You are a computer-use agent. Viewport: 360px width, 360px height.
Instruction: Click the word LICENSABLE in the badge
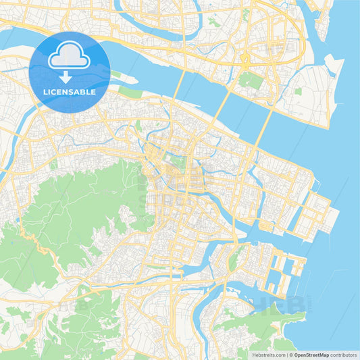pyautogui.click(x=70, y=91)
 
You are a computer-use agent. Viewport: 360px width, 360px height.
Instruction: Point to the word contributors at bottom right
pyautogui.click(x=344, y=354)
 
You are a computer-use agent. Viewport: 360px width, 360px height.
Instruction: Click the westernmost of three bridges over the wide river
pyautogui.click(x=180, y=85)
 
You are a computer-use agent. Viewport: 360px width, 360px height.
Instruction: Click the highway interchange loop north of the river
pyautogui.click(x=245, y=60)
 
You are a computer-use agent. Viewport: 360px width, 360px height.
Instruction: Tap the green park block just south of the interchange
pyautogui.click(x=251, y=81)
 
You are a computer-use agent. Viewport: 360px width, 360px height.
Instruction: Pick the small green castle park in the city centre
pyautogui.click(x=177, y=161)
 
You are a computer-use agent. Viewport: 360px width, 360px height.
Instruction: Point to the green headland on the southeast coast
pyautogui.click(x=284, y=324)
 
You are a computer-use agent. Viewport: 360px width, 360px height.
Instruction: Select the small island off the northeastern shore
pyautogui.click(x=332, y=66)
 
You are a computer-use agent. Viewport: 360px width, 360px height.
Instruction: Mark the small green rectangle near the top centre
pyautogui.click(x=214, y=22)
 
